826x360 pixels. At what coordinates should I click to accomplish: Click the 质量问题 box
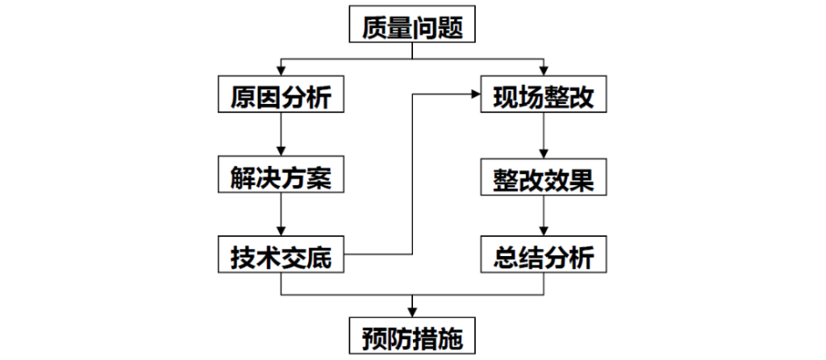point(412,24)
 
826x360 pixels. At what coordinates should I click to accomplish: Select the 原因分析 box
point(281,93)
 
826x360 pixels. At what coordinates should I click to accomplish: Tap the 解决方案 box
point(281,175)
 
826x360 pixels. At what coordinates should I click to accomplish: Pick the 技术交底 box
point(281,254)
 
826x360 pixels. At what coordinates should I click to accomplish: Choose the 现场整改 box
point(544,93)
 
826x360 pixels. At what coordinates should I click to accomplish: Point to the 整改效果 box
point(544,177)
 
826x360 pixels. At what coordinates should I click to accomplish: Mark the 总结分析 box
point(544,254)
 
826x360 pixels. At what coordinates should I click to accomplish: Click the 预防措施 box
point(412,335)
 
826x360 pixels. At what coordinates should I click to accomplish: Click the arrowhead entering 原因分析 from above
point(281,70)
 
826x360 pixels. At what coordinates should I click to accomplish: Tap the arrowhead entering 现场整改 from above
point(544,70)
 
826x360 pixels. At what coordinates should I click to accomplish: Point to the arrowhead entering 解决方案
point(281,152)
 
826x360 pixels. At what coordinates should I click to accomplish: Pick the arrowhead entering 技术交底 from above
point(281,231)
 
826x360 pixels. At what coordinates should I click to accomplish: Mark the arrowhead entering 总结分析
point(544,231)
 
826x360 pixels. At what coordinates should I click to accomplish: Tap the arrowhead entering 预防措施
point(412,312)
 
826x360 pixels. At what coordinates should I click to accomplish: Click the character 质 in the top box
point(374,24)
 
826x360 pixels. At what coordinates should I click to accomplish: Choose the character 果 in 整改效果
point(582,178)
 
